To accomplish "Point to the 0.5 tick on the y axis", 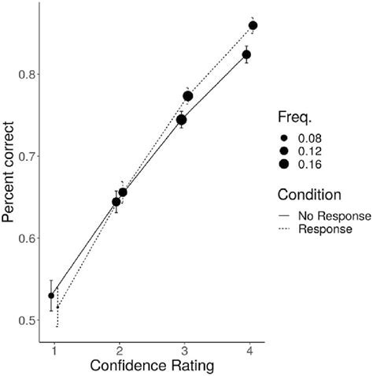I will (25, 320).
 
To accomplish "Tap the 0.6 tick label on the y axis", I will (25, 238).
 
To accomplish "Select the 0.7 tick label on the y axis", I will (25, 156).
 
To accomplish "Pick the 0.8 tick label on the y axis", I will (25, 74).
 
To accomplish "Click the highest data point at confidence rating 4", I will (253, 26).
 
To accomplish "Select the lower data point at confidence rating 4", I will (246, 55).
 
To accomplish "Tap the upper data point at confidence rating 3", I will (187, 96).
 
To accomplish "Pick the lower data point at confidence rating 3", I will (181, 120).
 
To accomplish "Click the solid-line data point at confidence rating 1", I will (51, 296).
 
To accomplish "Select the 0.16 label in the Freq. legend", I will (308, 164).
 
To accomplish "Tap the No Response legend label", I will (324, 216).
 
